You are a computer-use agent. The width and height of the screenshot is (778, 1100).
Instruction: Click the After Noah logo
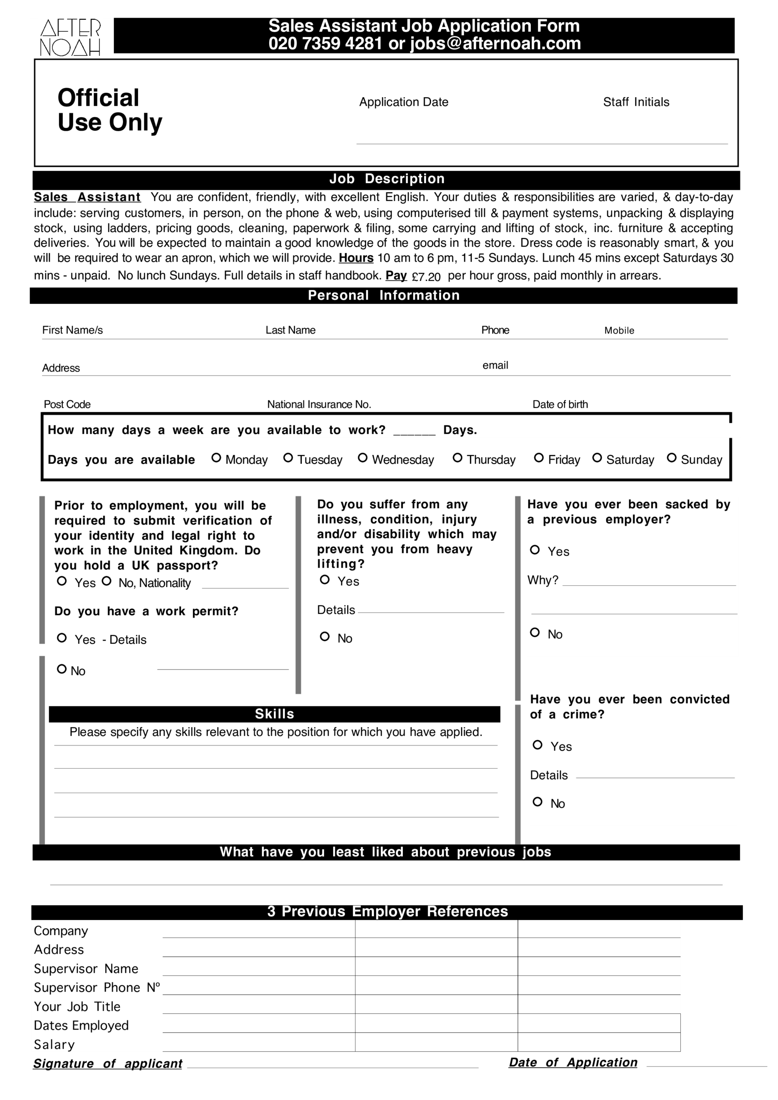[70, 37]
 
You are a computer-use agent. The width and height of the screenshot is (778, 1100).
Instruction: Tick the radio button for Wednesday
[362, 458]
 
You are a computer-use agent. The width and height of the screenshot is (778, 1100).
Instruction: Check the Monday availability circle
[216, 458]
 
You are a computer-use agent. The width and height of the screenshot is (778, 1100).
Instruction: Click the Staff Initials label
[636, 102]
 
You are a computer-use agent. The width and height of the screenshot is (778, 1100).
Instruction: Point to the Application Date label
[404, 102]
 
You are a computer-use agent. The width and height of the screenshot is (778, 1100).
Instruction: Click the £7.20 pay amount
[426, 277]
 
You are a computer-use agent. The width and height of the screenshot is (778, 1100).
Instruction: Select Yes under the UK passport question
[62, 581]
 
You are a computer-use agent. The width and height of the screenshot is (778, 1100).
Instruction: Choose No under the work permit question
[62, 669]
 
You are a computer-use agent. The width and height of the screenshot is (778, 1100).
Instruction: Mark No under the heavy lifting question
[325, 636]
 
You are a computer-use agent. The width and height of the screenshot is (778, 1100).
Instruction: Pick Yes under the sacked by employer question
[535, 550]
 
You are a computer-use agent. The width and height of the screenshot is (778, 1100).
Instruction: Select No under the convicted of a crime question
[537, 801]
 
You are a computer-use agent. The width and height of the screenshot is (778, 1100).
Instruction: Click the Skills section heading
[274, 714]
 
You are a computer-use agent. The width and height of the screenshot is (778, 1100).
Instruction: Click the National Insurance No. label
[319, 404]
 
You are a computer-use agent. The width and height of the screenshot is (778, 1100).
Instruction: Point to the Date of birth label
[560, 404]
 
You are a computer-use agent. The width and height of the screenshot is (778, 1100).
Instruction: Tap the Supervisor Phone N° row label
[96, 988]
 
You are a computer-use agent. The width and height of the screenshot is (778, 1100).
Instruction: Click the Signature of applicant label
[108, 1063]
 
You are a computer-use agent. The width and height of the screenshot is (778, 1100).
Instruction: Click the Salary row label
[54, 1045]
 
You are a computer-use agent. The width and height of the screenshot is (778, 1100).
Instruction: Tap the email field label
[495, 366]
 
